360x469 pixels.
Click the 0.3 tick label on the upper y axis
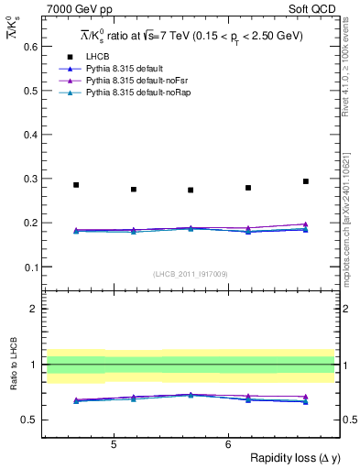pos(27,179)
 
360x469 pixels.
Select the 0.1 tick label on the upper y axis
pos(27,267)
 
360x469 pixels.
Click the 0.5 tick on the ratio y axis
pos(27,420)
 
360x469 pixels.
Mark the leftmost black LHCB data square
pos(76,185)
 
